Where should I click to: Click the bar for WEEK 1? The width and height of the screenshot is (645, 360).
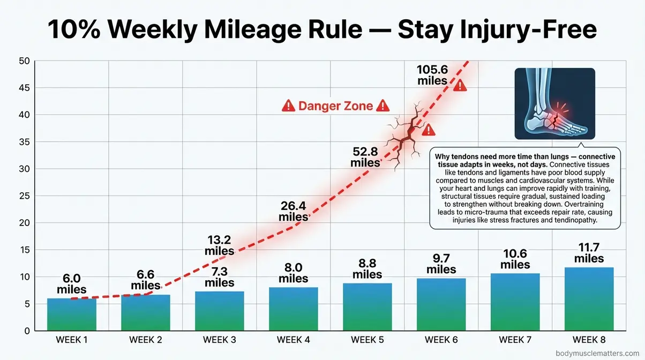[x=71, y=314]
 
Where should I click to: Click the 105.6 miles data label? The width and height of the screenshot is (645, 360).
[x=432, y=75]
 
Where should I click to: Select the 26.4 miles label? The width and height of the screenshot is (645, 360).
[x=294, y=211]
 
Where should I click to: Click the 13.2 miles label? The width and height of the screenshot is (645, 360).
[x=220, y=244]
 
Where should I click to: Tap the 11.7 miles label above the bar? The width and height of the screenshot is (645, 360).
[x=589, y=253]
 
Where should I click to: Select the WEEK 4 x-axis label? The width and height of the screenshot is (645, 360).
[x=293, y=340]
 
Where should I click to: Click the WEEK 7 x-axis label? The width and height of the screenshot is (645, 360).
[x=515, y=340]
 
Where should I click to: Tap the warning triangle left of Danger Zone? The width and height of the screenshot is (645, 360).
[x=288, y=106]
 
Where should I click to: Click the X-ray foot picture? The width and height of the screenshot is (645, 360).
[x=554, y=104]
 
